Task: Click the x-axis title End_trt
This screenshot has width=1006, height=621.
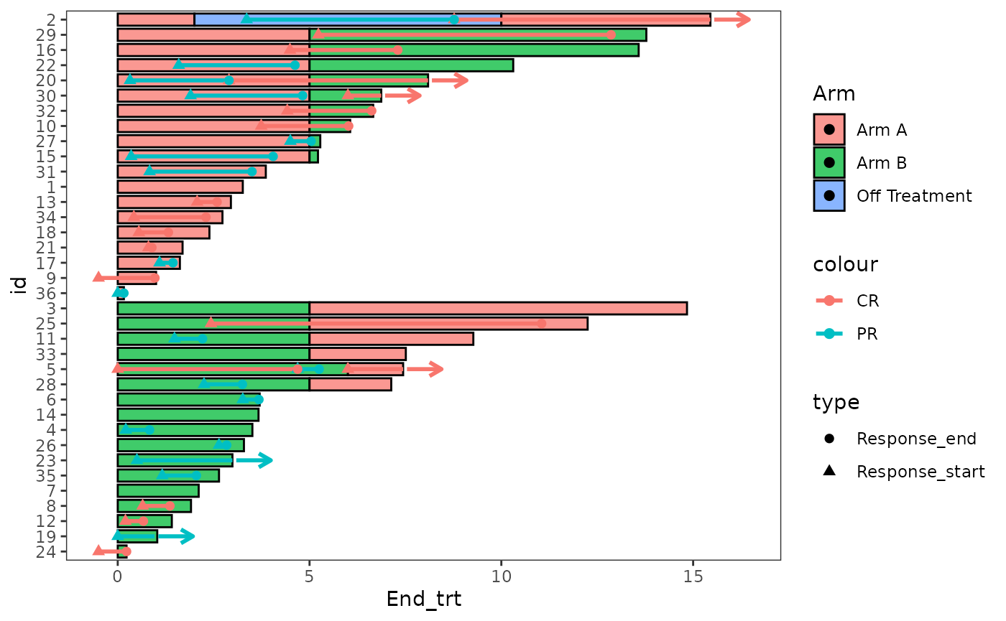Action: pyautogui.click(x=423, y=599)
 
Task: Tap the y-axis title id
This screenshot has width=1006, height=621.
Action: pyautogui.click(x=21, y=285)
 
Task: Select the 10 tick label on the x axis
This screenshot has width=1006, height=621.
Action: pyautogui.click(x=501, y=577)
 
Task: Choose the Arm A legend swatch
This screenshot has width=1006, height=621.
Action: pyautogui.click(x=829, y=130)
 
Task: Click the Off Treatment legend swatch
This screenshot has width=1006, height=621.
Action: pyautogui.click(x=829, y=196)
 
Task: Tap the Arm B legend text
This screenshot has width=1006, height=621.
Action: pyautogui.click(x=881, y=163)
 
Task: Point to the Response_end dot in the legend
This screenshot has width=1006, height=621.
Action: pyautogui.click(x=829, y=439)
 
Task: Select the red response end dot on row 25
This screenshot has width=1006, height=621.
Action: pyautogui.click(x=541, y=323)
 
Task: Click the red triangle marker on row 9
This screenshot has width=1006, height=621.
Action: pyautogui.click(x=98, y=277)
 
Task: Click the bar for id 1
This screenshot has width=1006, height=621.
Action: pyautogui.click(x=180, y=187)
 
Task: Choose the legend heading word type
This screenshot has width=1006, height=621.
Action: pyautogui.click(x=836, y=403)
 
